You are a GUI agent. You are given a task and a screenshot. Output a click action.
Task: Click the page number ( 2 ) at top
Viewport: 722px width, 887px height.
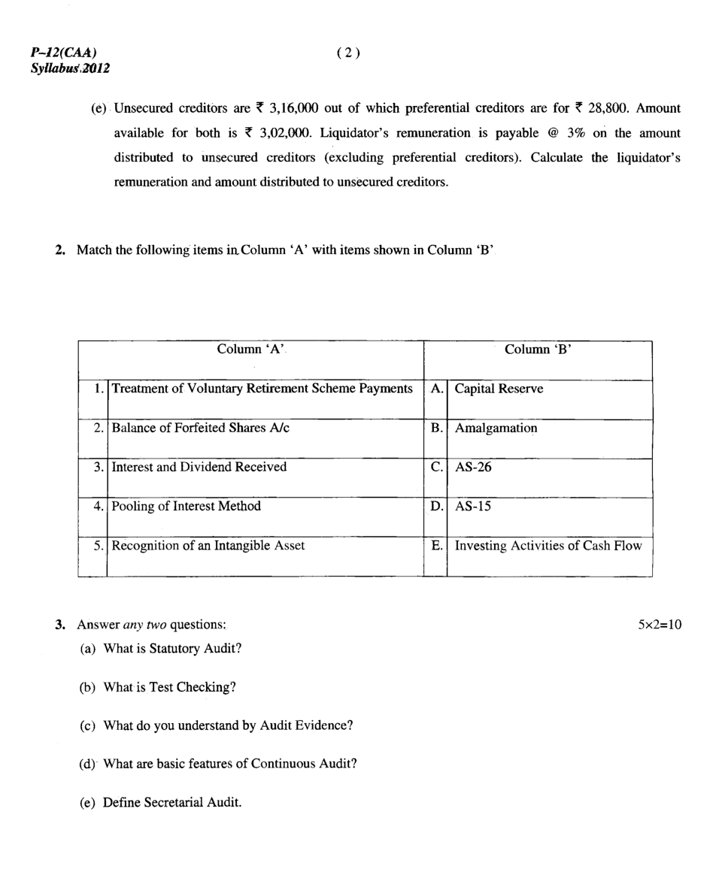(348, 53)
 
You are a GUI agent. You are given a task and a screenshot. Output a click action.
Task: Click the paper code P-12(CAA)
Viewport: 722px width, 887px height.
(63, 53)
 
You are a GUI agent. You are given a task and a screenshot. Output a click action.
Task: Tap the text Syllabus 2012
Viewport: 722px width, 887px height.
(70, 68)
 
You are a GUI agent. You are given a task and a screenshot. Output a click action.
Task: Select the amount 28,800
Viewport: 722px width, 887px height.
(608, 108)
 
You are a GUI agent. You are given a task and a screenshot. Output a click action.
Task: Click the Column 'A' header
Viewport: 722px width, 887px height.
(250, 350)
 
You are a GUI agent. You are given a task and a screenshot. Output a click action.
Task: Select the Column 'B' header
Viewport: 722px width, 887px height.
(538, 350)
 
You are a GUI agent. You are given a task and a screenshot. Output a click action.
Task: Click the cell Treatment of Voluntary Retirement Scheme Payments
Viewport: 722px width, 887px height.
(262, 389)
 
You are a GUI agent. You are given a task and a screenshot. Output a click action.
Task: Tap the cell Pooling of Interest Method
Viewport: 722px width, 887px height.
(186, 506)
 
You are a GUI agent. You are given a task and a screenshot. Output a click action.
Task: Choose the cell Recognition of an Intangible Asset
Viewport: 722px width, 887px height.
(208, 546)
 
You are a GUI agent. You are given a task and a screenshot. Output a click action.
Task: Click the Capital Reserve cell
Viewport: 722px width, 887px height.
(499, 389)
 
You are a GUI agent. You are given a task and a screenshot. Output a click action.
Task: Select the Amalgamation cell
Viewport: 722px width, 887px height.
(496, 428)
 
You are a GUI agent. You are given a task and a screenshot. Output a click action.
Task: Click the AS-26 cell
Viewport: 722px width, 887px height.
(473, 468)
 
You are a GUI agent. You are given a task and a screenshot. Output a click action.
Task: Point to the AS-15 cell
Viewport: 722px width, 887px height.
(473, 507)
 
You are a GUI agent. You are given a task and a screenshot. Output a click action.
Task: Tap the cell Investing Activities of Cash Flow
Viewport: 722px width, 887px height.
(548, 546)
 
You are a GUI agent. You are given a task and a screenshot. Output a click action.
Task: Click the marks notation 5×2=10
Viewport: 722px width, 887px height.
(660, 625)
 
